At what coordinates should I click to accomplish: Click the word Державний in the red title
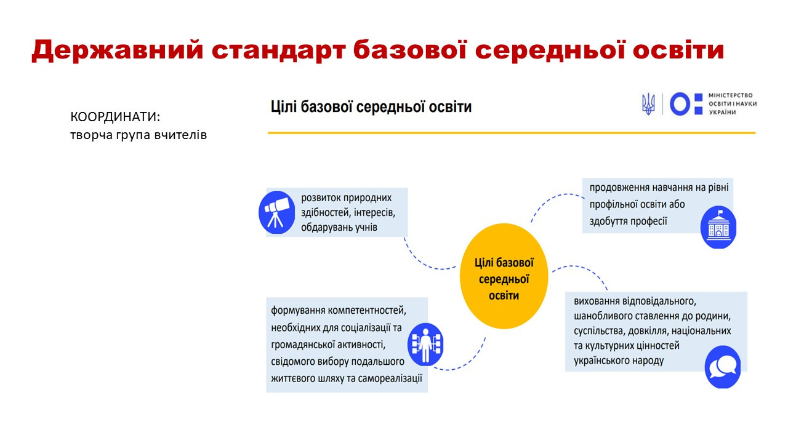(x=118, y=50)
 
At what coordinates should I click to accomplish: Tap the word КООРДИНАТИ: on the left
(x=115, y=117)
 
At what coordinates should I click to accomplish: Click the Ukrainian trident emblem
(x=648, y=104)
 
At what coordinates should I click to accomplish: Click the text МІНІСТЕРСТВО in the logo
(x=730, y=95)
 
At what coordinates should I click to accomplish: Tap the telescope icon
(x=276, y=212)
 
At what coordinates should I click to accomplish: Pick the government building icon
(x=718, y=227)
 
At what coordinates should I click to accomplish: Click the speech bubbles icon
(x=723, y=367)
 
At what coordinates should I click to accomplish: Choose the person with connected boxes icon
(x=425, y=345)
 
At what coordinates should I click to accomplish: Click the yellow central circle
(x=504, y=276)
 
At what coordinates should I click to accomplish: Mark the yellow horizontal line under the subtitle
(x=512, y=133)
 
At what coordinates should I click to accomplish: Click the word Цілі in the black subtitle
(x=284, y=107)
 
